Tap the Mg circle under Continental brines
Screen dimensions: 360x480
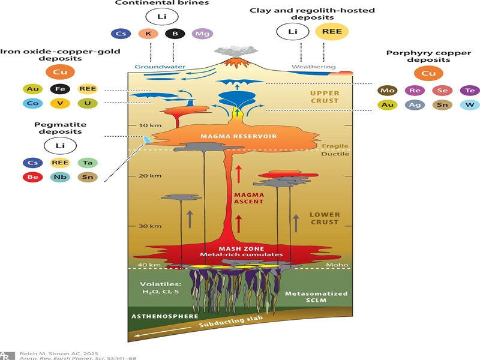coord(202,34)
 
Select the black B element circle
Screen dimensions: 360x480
coord(175,34)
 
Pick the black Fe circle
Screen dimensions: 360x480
coord(61,89)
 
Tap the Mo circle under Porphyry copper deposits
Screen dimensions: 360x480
coord(387,91)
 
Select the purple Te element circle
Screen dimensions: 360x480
coord(470,91)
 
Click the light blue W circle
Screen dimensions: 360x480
coord(470,105)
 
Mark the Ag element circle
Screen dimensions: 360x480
coord(415,105)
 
